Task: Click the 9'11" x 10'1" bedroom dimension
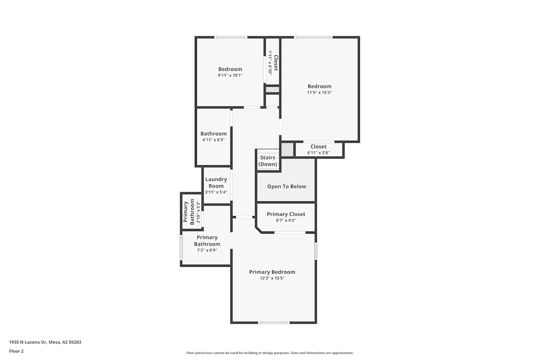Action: [x=230, y=75]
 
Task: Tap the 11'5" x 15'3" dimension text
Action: [x=319, y=93]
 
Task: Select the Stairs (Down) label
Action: [x=267, y=161]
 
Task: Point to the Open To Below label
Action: [x=287, y=186]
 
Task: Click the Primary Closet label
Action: [x=286, y=214]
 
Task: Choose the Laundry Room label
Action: [x=216, y=183]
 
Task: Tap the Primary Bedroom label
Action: [x=272, y=272]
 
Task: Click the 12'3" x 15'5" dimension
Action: [x=272, y=278]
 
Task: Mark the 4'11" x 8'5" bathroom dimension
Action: [x=213, y=140]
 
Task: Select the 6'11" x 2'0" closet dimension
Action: [x=318, y=153]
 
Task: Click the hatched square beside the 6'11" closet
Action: [x=287, y=150]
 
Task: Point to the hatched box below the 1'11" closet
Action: [x=273, y=90]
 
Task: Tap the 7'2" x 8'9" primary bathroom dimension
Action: [x=207, y=250]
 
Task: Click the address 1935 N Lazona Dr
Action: [x=28, y=342]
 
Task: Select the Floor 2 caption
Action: [x=17, y=351]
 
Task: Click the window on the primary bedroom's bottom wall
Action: [x=274, y=323]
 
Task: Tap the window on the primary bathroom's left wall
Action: [x=181, y=248]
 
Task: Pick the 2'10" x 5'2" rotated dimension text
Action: [x=198, y=212]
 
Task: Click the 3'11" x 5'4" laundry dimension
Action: [x=216, y=192]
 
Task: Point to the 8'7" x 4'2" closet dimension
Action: [x=286, y=220]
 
